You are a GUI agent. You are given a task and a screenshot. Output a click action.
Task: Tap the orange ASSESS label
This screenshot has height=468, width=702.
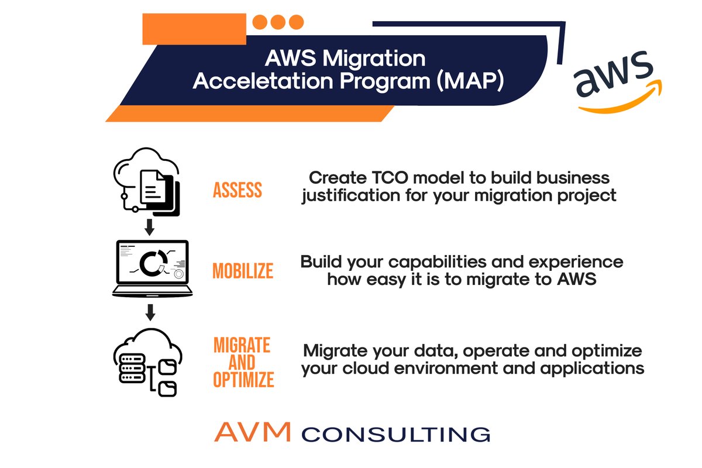238,190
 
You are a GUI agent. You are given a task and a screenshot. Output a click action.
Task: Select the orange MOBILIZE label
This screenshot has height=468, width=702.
242,271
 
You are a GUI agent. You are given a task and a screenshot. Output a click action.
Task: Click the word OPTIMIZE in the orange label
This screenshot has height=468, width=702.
243,380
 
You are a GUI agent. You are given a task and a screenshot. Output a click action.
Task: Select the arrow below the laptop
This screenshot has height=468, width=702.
150,312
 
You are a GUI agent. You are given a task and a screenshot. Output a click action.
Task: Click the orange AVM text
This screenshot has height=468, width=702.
252,432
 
